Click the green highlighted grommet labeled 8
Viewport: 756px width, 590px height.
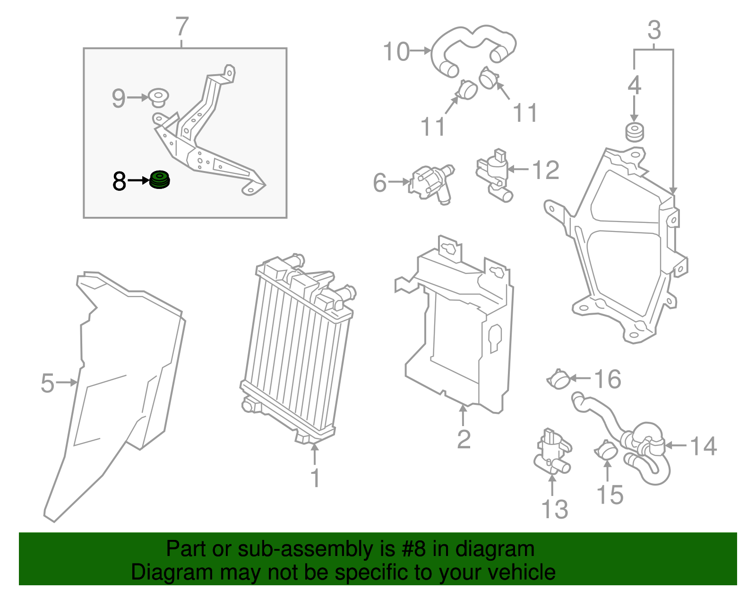pyautogui.click(x=160, y=180)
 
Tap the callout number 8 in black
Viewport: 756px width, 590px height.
pyautogui.click(x=120, y=181)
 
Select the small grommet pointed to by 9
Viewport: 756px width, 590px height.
pyautogui.click(x=158, y=96)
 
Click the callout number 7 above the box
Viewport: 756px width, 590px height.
pyautogui.click(x=182, y=27)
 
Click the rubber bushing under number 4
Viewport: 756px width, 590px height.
pyautogui.click(x=634, y=132)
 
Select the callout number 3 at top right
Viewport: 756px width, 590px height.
pyautogui.click(x=654, y=30)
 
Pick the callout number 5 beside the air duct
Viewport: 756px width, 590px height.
pyautogui.click(x=47, y=383)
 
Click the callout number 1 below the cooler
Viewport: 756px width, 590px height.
pyautogui.click(x=315, y=478)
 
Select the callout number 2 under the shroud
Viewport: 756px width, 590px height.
pyautogui.click(x=464, y=439)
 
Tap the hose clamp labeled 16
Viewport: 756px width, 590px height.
pyautogui.click(x=559, y=379)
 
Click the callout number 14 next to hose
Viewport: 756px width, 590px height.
pyautogui.click(x=704, y=446)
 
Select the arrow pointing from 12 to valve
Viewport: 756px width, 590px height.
pyautogui.click(x=519, y=169)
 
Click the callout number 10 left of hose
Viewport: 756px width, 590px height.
pyautogui.click(x=396, y=51)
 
